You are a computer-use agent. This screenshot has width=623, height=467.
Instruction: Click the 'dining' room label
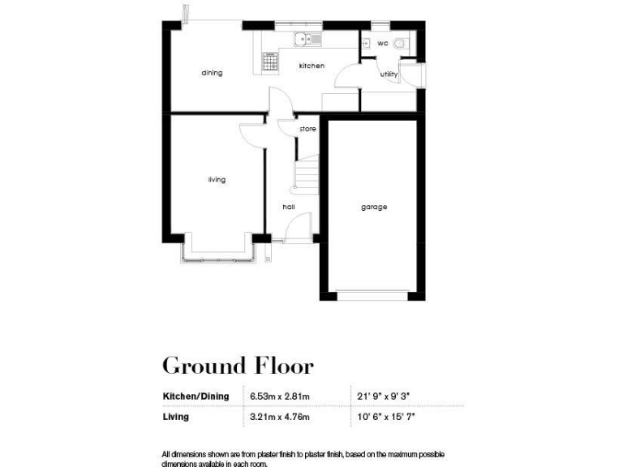click(212, 73)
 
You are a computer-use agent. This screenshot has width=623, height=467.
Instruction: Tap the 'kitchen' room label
click(311, 66)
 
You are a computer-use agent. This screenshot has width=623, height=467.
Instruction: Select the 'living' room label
click(217, 179)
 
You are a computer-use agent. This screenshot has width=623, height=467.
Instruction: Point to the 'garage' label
click(374, 207)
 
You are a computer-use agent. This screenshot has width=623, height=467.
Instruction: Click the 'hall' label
click(288, 207)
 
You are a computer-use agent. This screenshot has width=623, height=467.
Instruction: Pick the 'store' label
click(307, 129)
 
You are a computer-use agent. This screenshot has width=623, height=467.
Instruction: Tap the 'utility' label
click(389, 75)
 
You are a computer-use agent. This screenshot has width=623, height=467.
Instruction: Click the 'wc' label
click(382, 43)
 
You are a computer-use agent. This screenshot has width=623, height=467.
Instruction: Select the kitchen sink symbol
click(308, 37)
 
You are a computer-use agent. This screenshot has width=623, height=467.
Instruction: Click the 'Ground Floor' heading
click(238, 366)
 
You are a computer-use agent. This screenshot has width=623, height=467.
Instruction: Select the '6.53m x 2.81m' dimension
click(281, 396)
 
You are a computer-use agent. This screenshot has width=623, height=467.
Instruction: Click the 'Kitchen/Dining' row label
click(195, 396)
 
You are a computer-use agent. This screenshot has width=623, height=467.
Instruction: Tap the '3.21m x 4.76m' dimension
click(281, 417)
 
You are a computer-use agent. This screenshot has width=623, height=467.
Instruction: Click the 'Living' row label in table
click(176, 417)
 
